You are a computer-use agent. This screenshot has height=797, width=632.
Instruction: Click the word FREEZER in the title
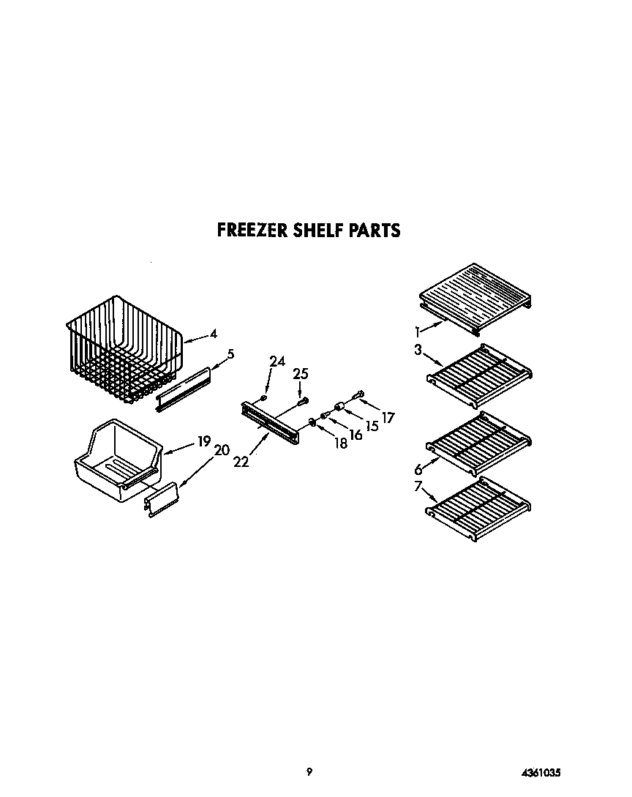(x=252, y=231)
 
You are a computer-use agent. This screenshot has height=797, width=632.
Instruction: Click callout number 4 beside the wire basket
(x=214, y=334)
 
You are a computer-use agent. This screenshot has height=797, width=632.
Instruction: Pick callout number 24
(x=276, y=361)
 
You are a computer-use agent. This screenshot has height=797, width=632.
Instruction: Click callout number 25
(x=301, y=374)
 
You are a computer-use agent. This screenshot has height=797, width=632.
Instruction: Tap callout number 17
(x=388, y=418)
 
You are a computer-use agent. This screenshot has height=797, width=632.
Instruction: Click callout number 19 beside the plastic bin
(x=204, y=441)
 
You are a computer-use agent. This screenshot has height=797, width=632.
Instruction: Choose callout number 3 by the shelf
(x=418, y=349)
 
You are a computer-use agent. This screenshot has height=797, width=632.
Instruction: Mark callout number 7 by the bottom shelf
(x=418, y=486)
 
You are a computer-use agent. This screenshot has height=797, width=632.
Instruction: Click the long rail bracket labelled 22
(x=269, y=423)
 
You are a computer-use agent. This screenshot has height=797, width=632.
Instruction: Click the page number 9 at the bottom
(x=309, y=771)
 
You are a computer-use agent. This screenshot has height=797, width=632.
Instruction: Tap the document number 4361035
(x=541, y=771)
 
